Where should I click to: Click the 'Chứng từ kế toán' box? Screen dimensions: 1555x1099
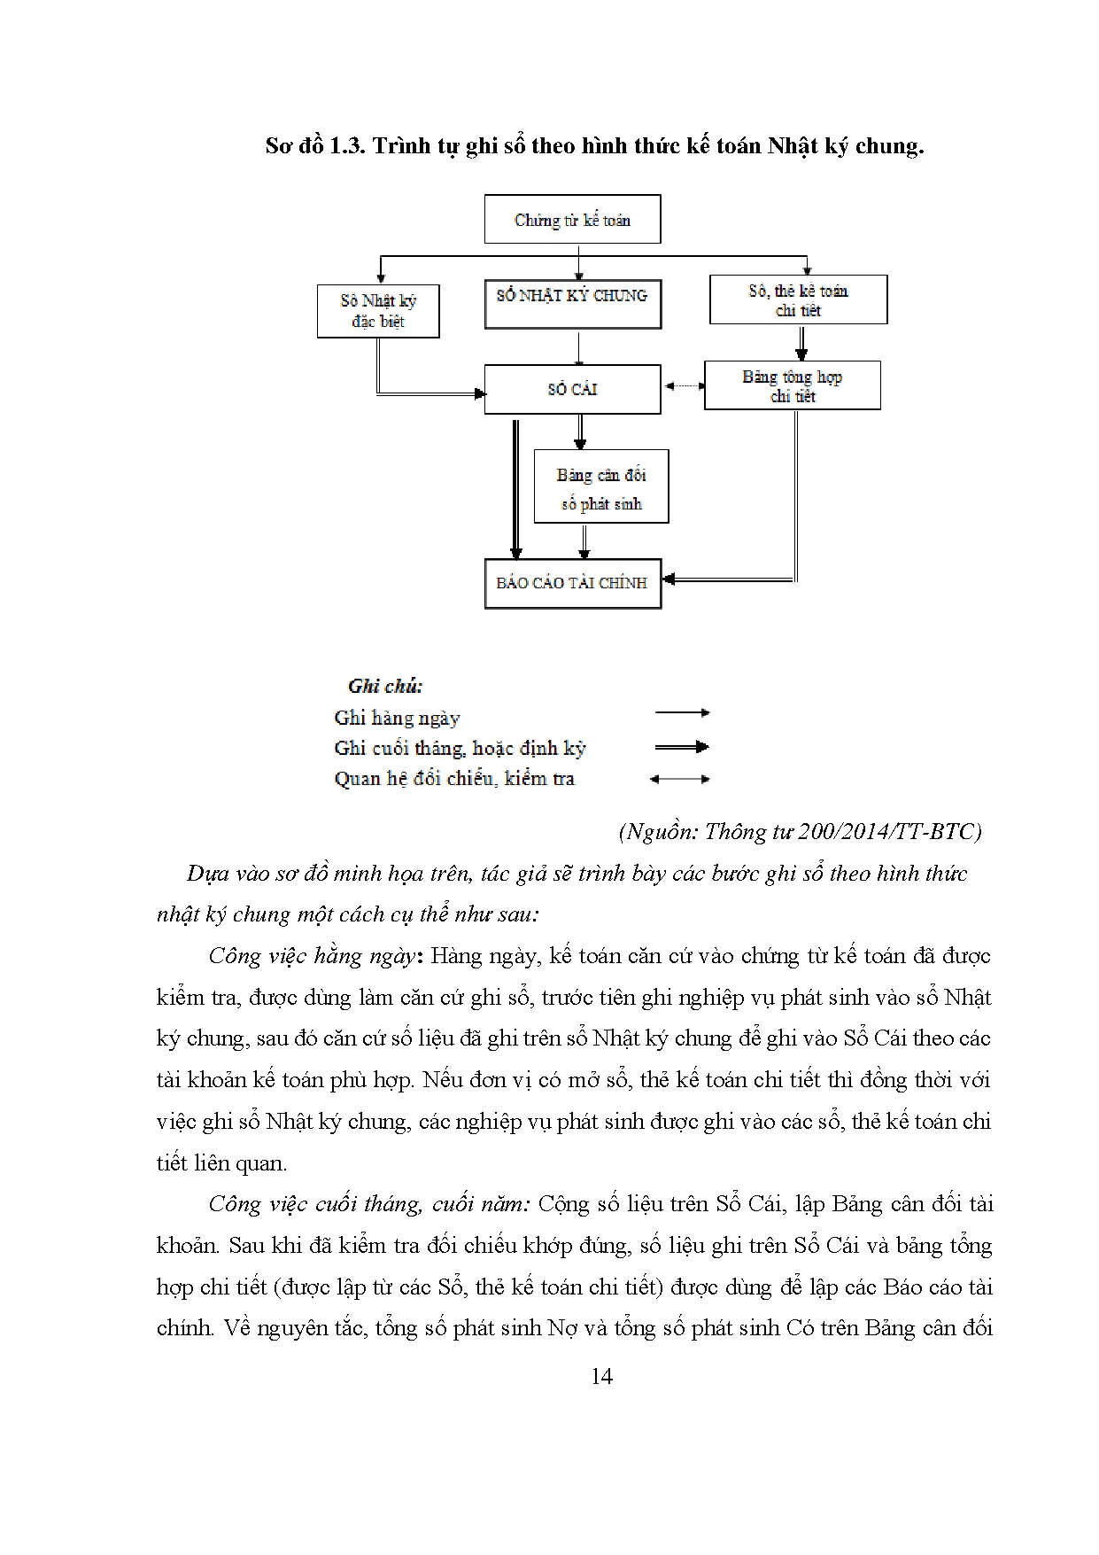572,220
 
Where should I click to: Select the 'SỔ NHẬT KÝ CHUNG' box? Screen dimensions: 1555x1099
572,304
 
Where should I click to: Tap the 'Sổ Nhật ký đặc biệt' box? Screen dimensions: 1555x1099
378,311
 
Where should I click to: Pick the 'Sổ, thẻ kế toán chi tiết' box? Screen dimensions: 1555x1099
798,299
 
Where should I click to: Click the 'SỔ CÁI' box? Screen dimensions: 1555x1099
572,389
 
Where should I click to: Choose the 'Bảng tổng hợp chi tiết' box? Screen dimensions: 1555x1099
792,385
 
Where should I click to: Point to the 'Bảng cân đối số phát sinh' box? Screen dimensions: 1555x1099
600,486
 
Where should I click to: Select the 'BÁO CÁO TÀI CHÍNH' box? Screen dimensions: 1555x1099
572,583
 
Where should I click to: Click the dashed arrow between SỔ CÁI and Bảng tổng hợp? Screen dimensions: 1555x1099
683,386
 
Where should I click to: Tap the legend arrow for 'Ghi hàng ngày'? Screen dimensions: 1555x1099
681,712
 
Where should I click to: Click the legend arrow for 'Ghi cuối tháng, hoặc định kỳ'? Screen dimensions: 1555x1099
681,747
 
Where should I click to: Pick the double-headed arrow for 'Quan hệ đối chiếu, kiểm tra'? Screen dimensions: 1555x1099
679,780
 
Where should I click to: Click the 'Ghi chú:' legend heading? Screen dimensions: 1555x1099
385,686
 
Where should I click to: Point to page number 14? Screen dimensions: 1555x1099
600,1376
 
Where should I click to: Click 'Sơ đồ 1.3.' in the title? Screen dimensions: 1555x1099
315,145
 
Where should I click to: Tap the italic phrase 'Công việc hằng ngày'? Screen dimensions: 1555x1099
311,956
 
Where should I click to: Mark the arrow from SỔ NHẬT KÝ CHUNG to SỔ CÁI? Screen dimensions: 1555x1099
578,348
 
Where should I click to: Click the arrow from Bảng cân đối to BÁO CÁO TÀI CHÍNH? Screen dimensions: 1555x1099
584,540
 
